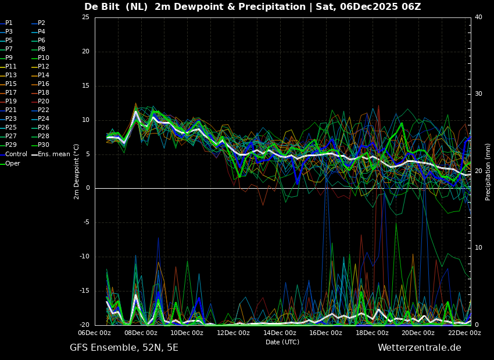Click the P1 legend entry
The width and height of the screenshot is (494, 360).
(x=9, y=23)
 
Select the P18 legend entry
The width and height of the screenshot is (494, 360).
(x=44, y=93)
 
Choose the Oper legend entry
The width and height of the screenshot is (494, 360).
(x=13, y=164)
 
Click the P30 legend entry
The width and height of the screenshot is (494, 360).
(x=44, y=145)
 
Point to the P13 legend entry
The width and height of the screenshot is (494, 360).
(x=11, y=75)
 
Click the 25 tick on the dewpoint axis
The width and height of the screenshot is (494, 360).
(x=85, y=17)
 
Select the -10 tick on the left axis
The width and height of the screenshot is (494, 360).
(x=84, y=257)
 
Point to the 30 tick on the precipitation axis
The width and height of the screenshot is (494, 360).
(x=478, y=94)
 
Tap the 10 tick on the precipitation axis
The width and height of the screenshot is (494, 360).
(x=478, y=248)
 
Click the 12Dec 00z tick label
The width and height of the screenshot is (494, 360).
(x=233, y=333)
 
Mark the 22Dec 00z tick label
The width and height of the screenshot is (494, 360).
(x=464, y=333)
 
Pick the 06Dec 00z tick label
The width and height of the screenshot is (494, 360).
(x=95, y=333)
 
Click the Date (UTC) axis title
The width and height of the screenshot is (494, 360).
(x=282, y=342)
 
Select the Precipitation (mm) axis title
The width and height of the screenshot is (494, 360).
(x=488, y=172)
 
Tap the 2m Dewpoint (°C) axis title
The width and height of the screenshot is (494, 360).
(x=76, y=171)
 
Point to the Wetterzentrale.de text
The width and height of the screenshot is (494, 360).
(x=419, y=348)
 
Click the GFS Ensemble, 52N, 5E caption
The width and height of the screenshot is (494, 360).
(x=124, y=348)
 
